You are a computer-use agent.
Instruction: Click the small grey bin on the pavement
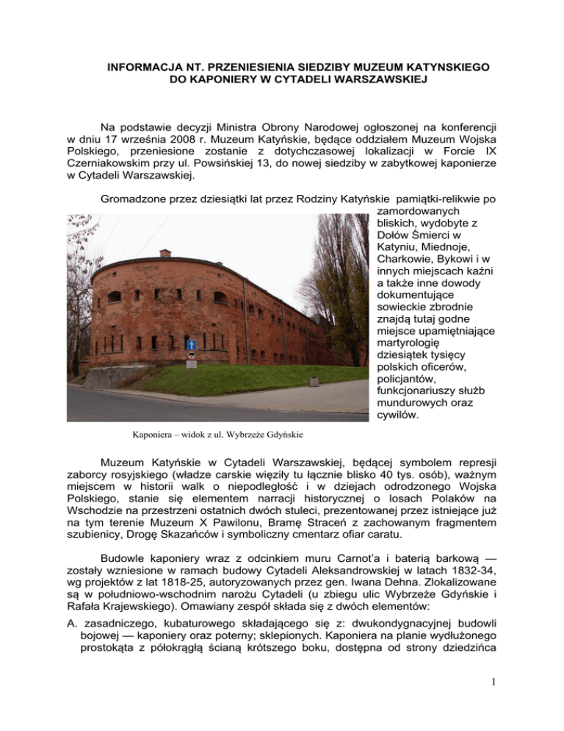(191, 363)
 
